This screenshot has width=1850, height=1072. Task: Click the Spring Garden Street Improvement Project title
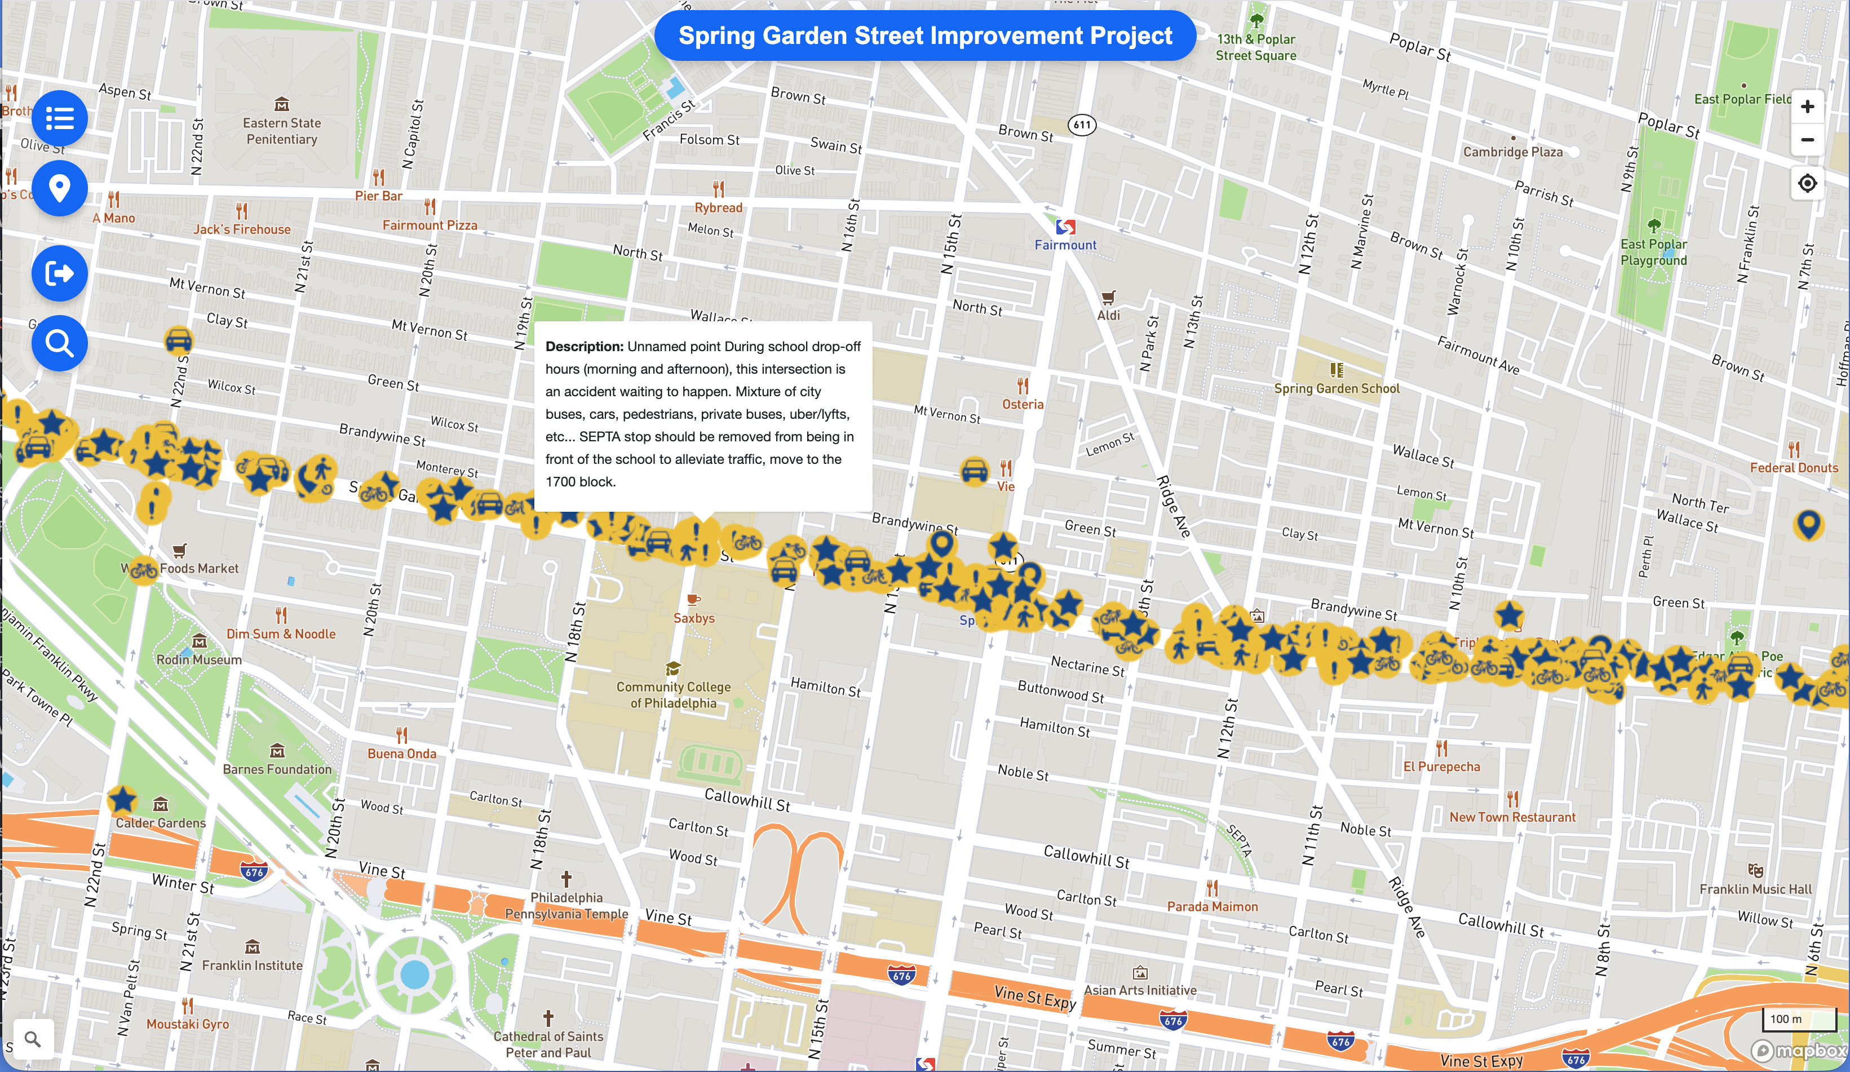[924, 36]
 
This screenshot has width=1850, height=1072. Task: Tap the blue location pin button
[59, 189]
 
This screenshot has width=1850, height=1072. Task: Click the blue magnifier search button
[59, 343]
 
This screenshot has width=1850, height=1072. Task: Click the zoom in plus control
[1807, 107]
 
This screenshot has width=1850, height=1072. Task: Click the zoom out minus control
[1807, 140]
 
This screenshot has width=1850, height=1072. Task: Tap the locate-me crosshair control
[1807, 183]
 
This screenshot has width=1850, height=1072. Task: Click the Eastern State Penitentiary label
[282, 131]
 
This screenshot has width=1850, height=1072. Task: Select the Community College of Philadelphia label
[673, 694]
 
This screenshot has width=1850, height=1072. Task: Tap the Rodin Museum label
[199, 659]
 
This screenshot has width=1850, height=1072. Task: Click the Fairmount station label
[1065, 245]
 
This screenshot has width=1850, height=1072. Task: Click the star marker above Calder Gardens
[122, 800]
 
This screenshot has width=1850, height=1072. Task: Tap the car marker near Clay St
[178, 340]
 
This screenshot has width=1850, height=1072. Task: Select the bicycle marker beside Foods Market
[143, 570]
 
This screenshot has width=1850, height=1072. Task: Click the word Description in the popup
[583, 347]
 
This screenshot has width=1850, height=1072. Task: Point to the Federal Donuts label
[1794, 468]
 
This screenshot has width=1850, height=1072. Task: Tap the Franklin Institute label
[252, 965]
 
